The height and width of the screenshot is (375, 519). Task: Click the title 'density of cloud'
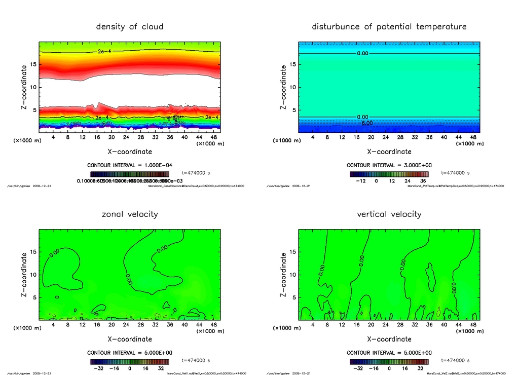click(x=130, y=26)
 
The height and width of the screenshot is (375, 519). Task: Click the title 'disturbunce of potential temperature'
click(x=389, y=26)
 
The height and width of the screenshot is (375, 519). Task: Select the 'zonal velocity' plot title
click(x=130, y=214)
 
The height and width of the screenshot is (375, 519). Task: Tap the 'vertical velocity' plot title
click(x=389, y=214)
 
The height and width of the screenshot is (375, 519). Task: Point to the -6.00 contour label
click(x=366, y=123)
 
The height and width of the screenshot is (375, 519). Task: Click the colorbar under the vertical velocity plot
click(x=389, y=362)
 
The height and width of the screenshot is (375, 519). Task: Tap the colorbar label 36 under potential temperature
click(x=424, y=180)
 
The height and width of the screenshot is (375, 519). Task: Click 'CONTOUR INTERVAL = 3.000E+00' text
click(x=389, y=165)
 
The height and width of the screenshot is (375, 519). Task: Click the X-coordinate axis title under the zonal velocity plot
click(x=129, y=339)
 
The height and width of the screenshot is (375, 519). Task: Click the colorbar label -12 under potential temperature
click(x=361, y=180)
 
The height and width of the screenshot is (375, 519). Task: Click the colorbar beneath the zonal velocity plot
click(x=129, y=362)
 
